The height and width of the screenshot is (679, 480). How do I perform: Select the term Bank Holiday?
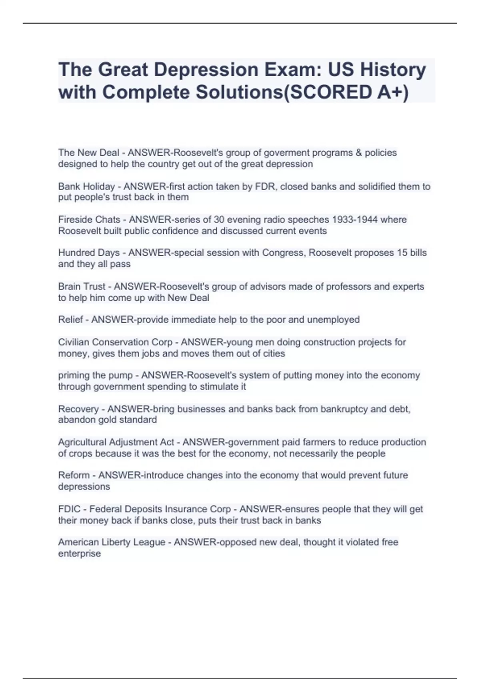pyautogui.click(x=86, y=187)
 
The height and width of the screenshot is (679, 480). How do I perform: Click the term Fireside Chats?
pyautogui.click(x=89, y=220)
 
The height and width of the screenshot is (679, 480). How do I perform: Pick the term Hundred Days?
pyautogui.click(x=89, y=253)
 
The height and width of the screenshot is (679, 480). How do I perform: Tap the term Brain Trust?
pyautogui.click(x=82, y=287)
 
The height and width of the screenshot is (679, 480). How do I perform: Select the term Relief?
pyautogui.click(x=71, y=320)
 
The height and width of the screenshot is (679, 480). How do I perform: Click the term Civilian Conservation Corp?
pyautogui.click(x=115, y=342)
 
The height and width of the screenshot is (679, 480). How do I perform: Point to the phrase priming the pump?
pyautogui.click(x=95, y=375)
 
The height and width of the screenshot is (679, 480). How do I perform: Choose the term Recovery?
pyautogui.click(x=78, y=409)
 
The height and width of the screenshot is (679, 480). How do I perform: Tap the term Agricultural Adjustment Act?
pyautogui.click(x=116, y=442)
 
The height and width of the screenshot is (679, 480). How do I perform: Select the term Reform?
pyautogui.click(x=74, y=475)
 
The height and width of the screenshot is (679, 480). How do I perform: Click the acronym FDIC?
pyautogui.click(x=69, y=509)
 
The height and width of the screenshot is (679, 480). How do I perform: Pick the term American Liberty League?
pyautogui.click(x=112, y=542)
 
